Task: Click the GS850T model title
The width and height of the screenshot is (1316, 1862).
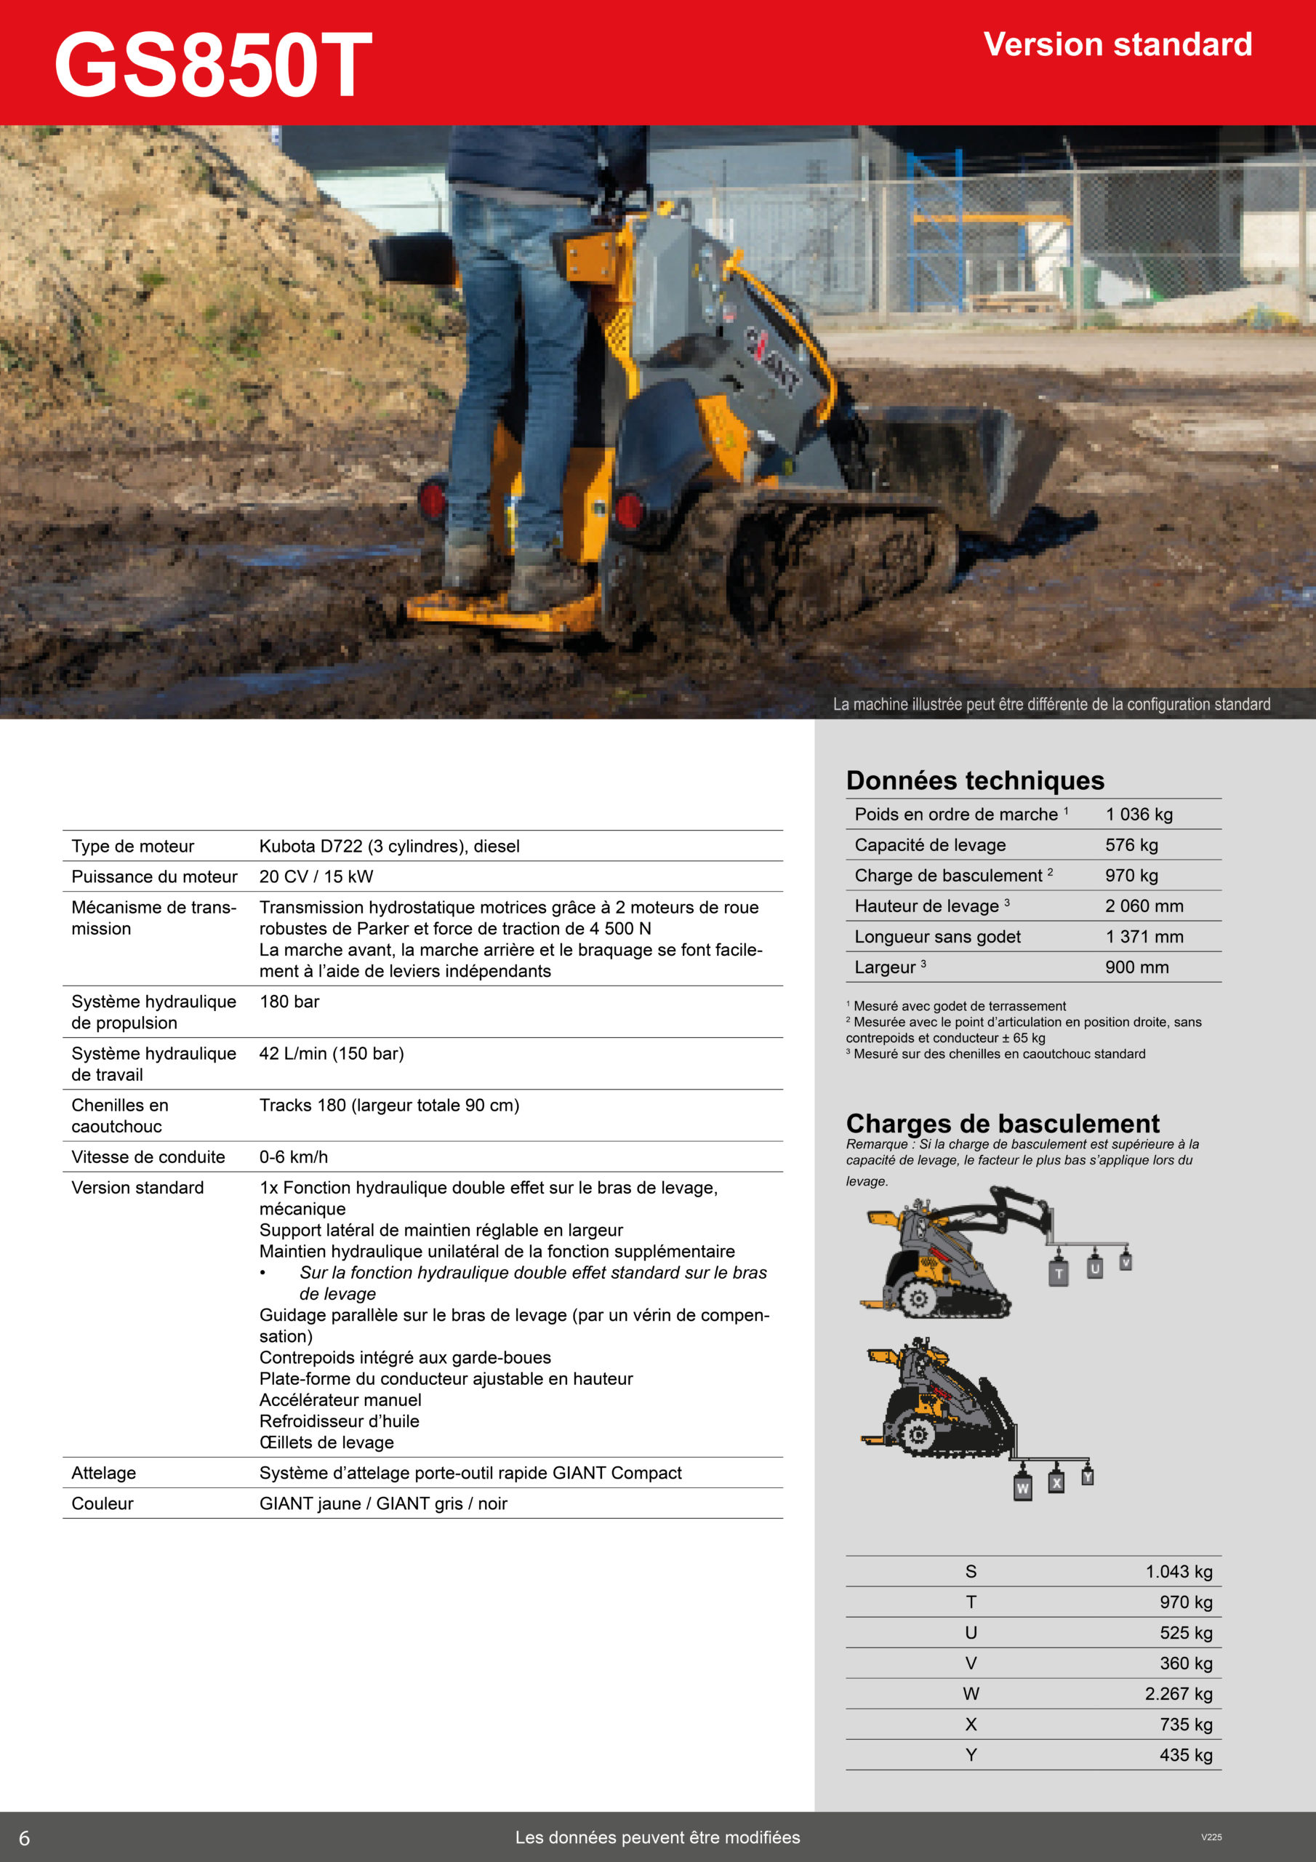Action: tap(212, 65)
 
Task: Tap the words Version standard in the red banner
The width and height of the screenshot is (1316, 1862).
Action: tap(1118, 44)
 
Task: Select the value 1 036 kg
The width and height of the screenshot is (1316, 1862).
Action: tap(1139, 814)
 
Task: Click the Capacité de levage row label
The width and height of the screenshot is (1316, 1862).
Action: tap(929, 845)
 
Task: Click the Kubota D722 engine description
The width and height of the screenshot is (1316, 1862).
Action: tap(389, 846)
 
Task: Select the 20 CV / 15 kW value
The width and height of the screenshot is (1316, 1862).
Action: tap(316, 876)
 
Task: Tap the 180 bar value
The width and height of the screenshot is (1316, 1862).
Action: tap(289, 1002)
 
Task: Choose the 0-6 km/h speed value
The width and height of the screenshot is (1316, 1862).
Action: tap(294, 1157)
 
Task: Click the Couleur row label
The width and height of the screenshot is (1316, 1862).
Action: tap(103, 1503)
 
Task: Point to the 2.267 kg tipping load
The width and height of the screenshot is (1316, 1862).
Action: tap(1178, 1694)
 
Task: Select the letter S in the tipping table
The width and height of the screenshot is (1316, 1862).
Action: tap(971, 1572)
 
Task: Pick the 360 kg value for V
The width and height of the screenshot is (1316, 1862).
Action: tap(1185, 1663)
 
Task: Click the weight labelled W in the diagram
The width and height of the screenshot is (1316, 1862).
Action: tap(1023, 1488)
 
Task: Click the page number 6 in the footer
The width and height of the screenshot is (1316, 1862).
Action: tap(24, 1838)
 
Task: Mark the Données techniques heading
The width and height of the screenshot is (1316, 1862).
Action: tap(974, 780)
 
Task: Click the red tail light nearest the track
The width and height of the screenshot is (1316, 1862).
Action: tap(629, 510)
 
